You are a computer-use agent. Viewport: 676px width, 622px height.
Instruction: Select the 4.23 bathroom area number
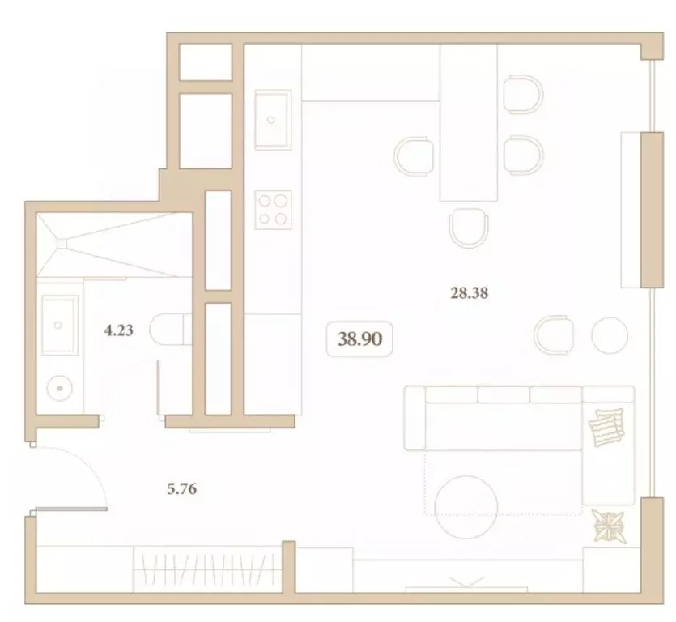pyautogui.click(x=118, y=330)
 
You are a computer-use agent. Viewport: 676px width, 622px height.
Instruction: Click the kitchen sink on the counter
pyautogui.click(x=271, y=119)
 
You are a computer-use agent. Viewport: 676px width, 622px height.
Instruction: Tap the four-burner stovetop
pyautogui.click(x=274, y=207)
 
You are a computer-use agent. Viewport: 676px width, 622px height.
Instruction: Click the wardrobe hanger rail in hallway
pyautogui.click(x=206, y=567)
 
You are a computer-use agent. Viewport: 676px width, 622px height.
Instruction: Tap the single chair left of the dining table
pyautogui.click(x=415, y=155)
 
